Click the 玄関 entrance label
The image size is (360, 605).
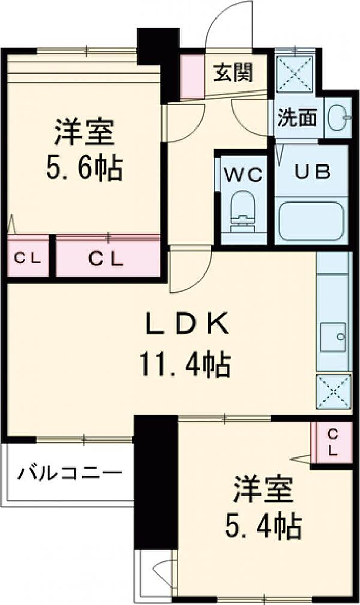(x=233, y=73)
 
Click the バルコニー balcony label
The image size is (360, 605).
(x=70, y=472)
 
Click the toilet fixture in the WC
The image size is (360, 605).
(x=244, y=211)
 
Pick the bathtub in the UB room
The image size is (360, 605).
(x=312, y=222)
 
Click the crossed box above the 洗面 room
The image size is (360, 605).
(x=296, y=74)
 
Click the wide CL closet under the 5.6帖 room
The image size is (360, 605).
(x=107, y=258)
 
